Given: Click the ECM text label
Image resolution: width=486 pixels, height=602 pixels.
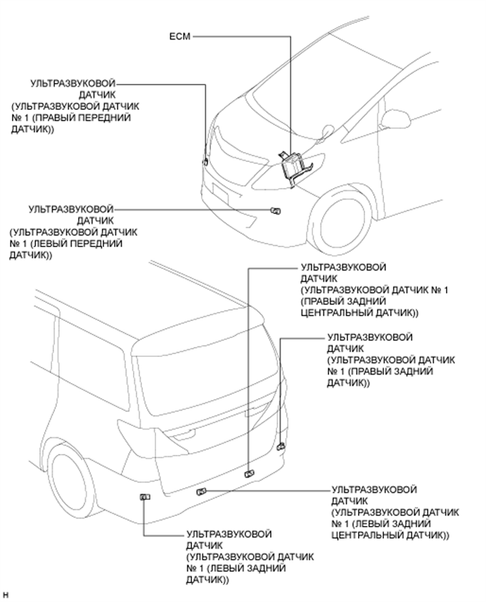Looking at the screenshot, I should tap(180, 34).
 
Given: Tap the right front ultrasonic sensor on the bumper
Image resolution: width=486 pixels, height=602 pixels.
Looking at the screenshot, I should tap(205, 162).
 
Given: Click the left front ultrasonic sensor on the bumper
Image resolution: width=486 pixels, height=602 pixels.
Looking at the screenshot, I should tap(275, 210).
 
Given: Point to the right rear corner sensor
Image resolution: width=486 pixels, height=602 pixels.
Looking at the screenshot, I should tap(281, 446).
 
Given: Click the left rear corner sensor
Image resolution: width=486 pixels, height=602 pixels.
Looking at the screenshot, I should tap(144, 498).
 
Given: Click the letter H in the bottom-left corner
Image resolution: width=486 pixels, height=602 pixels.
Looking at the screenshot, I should tap(5, 596).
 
